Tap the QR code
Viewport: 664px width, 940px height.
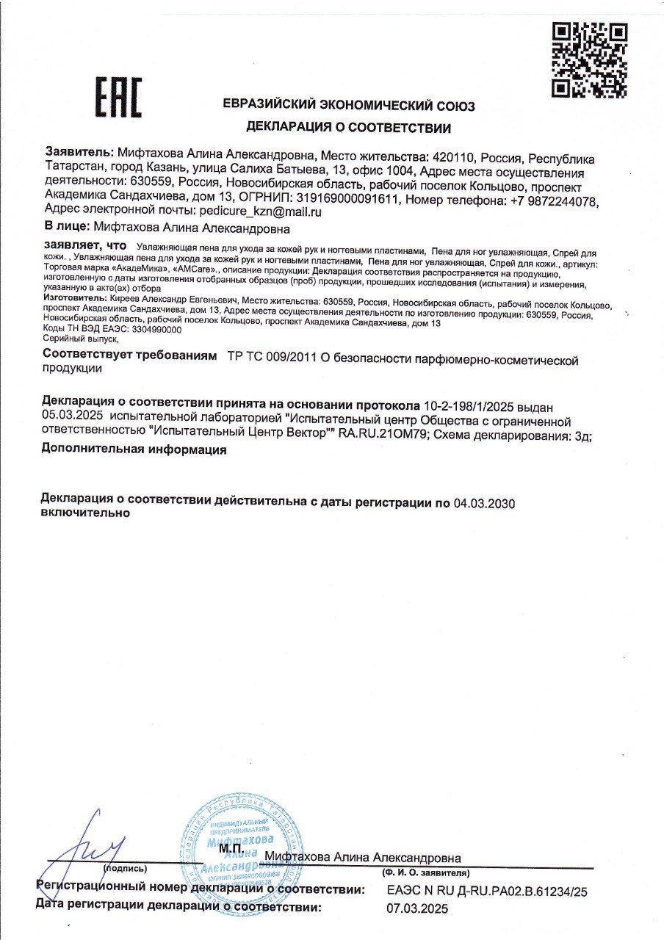(x=590, y=60)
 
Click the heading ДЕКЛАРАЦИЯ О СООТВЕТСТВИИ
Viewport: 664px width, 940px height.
(x=348, y=128)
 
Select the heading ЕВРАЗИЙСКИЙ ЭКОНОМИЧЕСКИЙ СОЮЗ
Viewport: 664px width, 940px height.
(x=349, y=106)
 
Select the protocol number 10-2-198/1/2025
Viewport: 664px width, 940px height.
(x=471, y=405)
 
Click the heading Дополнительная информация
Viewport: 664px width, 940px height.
(x=134, y=450)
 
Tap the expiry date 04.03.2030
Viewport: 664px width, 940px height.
(x=486, y=503)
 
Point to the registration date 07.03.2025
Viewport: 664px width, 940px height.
(x=416, y=908)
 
